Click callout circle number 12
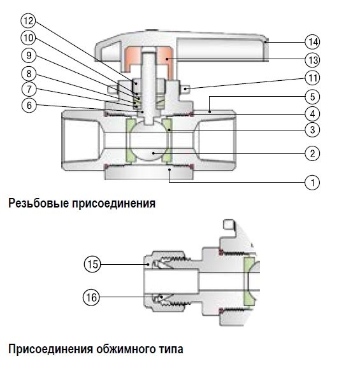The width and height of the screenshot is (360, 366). point(28,21)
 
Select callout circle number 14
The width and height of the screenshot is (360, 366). point(313,42)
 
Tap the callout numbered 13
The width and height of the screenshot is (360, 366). point(313,60)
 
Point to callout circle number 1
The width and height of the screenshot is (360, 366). point(313,182)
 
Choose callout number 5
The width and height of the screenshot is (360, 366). point(313,97)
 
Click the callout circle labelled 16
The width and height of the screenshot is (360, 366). point(91,297)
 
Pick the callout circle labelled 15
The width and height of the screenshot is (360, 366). point(92,264)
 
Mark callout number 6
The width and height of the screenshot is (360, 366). point(29,105)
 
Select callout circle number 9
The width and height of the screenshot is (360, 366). point(29,55)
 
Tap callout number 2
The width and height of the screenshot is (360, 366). point(313,153)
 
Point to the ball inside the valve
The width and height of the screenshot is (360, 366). point(149,140)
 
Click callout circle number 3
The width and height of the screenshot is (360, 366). point(313,130)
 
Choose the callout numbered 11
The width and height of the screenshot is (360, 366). point(313,78)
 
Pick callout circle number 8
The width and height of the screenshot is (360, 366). point(29,74)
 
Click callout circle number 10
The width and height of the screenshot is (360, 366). point(28,38)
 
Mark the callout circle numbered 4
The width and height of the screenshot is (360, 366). point(313,114)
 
